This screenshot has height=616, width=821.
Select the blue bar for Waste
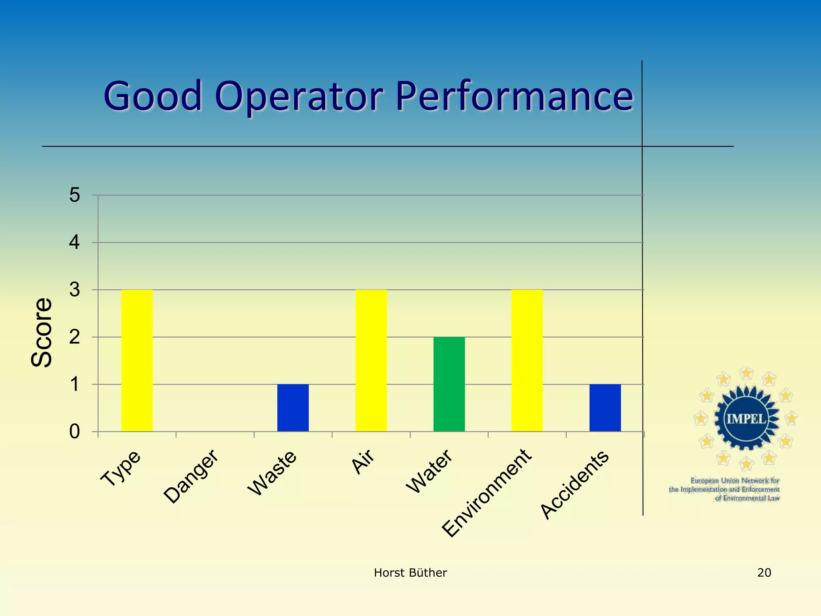pos(293,407)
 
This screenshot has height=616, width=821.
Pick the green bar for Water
pos(449,384)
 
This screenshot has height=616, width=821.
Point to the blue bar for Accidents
pos(605,407)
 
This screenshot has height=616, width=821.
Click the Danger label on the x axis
pos(191,476)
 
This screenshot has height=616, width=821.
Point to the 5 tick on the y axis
pos(75,195)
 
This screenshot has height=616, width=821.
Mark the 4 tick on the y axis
pos(75,243)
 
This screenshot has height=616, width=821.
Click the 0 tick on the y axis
pos(75,432)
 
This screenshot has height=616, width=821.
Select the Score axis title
pos(41,332)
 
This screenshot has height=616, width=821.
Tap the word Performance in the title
pos(514,96)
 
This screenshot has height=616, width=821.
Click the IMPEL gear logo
pos(746,419)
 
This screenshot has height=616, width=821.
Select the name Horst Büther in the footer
pos(410,573)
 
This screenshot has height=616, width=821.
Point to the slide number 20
pos(764,573)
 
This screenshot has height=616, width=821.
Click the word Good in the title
pos(153,96)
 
